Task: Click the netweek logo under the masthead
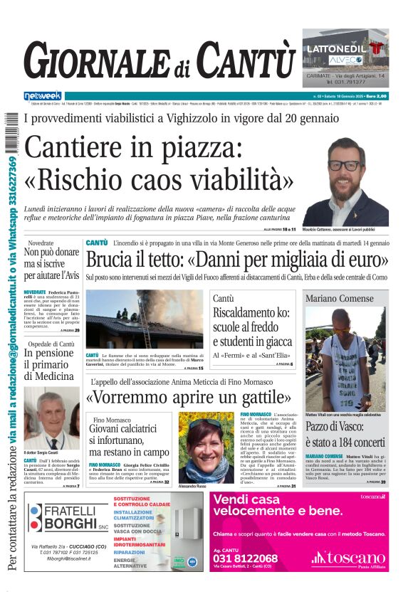tap(43, 95)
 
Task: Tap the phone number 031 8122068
tap(246, 558)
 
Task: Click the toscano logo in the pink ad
tap(348, 558)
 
